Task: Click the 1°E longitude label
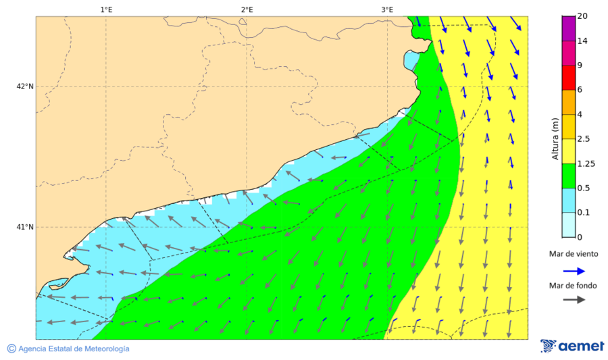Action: pos(106,9)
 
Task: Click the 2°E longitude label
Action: pos(247,9)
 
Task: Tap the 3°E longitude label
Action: pos(387,9)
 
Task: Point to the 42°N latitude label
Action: pos(25,86)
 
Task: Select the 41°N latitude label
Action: pos(25,227)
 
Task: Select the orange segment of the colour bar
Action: pos(567,102)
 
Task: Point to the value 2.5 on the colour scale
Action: pos(584,139)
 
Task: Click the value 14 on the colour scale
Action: pos(582,41)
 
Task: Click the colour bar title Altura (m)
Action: pos(555,138)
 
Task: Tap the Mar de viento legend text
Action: pos(573,254)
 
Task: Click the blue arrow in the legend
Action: pos(574,270)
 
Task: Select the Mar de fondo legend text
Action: pos(573,286)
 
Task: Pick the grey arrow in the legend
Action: pos(574,300)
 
